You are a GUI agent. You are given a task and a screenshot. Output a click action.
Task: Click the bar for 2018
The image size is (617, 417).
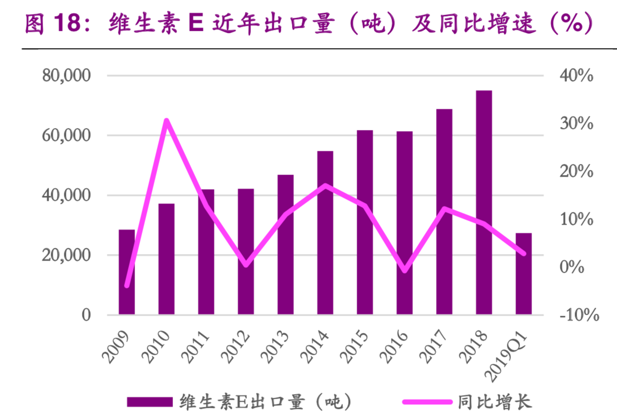click(x=484, y=202)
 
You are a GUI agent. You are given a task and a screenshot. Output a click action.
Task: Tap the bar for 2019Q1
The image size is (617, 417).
click(x=523, y=274)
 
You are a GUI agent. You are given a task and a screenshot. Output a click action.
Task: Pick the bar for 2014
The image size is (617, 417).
click(x=325, y=233)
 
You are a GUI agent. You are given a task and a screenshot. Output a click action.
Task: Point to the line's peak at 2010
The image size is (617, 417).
click(x=166, y=120)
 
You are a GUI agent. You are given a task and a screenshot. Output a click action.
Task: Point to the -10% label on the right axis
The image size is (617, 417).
click(x=579, y=315)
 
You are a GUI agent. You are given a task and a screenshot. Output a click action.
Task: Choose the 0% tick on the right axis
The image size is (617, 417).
click(x=571, y=267)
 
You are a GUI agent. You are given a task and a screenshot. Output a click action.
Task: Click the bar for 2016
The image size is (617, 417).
click(x=405, y=223)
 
